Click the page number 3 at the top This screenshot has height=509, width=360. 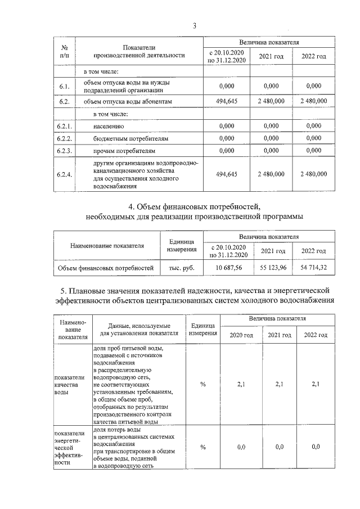[x=194, y=25]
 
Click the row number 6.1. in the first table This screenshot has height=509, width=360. [x=65, y=86]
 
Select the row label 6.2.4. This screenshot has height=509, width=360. [x=65, y=174]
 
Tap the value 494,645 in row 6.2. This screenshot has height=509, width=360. [x=227, y=101]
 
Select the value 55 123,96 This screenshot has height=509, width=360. [x=272, y=268]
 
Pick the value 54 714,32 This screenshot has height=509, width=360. [x=314, y=268]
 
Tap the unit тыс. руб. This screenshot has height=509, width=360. [x=182, y=268]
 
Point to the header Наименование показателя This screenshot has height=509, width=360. [x=107, y=245]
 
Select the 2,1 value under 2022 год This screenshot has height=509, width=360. [x=315, y=384]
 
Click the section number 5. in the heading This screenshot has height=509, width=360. [x=64, y=290]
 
